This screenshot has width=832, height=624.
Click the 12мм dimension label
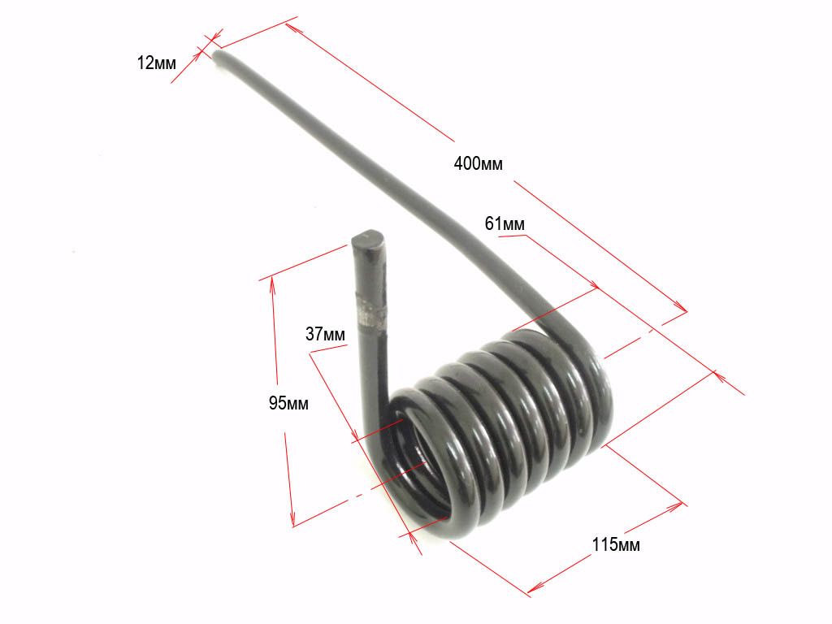click(157, 63)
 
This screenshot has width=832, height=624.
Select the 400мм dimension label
click(478, 163)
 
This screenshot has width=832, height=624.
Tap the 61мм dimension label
click(505, 224)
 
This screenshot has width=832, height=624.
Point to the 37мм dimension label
click(325, 334)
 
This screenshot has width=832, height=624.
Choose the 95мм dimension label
click(288, 403)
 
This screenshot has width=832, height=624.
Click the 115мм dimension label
click(616, 544)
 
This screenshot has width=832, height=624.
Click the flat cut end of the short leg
click(368, 238)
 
